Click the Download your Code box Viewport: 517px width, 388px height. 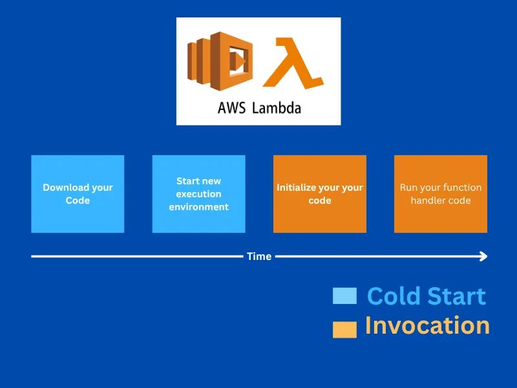click(78, 194)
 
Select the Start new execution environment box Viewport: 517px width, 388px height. click(198, 194)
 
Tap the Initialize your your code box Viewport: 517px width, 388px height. click(319, 194)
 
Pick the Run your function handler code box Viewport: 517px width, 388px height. click(441, 194)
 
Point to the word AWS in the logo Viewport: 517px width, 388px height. click(231, 108)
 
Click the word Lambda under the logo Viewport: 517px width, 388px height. click(276, 108)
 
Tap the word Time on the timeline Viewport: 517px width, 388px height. click(259, 257)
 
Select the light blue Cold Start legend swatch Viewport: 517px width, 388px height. click(344, 296)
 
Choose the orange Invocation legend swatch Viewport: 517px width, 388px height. click(344, 329)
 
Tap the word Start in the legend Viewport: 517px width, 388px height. click(455, 296)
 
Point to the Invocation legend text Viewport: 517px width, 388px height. click(427, 325)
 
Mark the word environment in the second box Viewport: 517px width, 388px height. click(198, 207)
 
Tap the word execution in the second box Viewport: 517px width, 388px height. click(198, 194)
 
